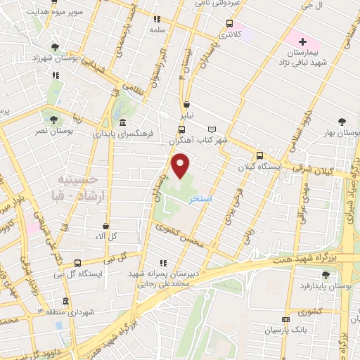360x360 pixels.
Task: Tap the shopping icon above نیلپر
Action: point(186,104)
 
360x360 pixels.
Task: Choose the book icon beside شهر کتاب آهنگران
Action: point(212,129)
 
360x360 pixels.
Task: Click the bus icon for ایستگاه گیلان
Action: point(259,156)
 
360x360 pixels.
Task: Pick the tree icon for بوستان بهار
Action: point(342,122)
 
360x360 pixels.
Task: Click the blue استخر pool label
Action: point(201,200)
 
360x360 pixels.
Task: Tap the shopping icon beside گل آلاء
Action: point(105,226)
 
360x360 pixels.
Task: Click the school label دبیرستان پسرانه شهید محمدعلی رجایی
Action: point(169,277)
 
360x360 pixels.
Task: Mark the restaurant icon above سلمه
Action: point(156,19)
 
